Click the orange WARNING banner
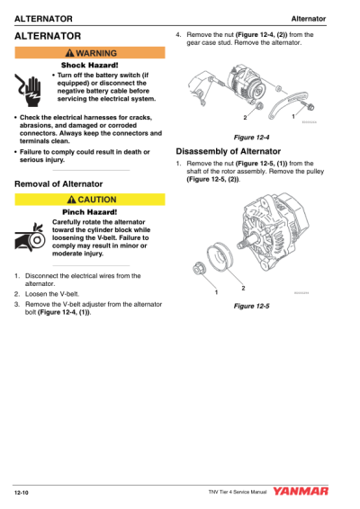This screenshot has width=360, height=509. point(88,53)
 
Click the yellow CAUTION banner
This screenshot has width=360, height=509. point(88,198)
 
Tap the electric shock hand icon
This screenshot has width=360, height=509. point(28,85)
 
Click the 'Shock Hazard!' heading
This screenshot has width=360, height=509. point(88,66)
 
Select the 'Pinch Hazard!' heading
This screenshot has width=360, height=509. point(88,211)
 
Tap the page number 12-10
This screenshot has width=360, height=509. point(22,492)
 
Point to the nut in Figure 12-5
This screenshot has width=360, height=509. point(201,266)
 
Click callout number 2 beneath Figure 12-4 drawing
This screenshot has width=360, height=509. point(244,118)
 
